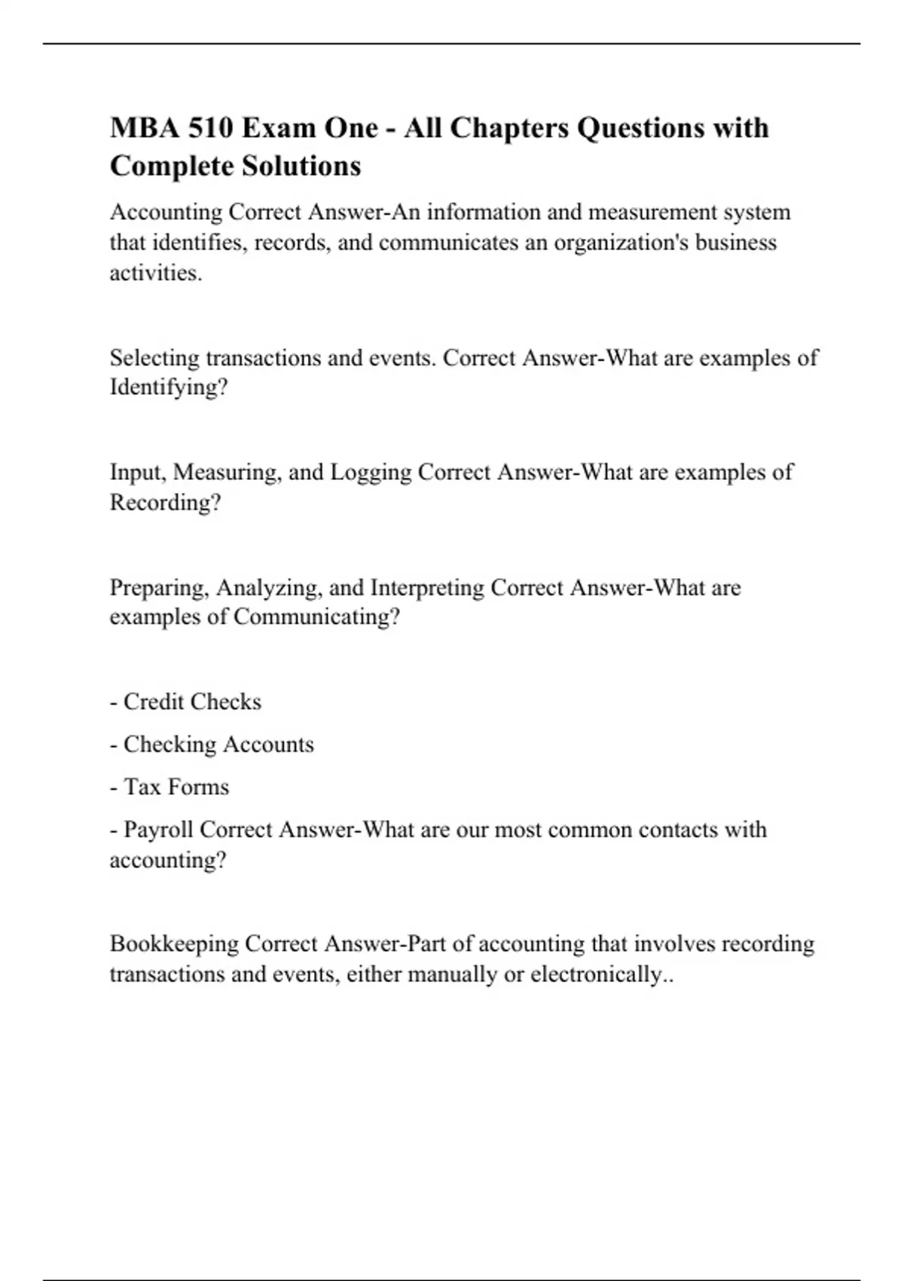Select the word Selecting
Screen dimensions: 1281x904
click(x=154, y=358)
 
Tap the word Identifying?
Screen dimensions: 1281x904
click(x=169, y=387)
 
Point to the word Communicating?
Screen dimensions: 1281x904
click(x=316, y=617)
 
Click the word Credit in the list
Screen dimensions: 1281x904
click(x=151, y=702)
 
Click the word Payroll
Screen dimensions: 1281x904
click(x=159, y=830)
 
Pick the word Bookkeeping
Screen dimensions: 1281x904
click(x=174, y=944)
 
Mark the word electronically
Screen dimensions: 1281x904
click(x=595, y=974)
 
